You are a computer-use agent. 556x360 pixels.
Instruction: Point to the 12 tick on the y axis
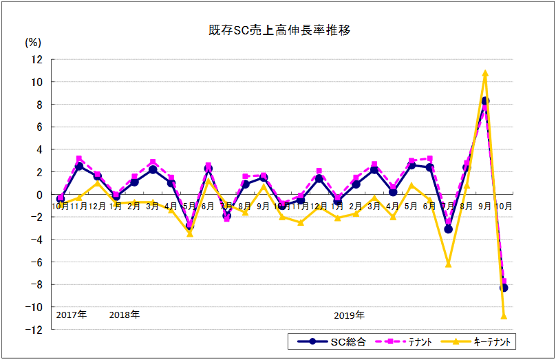(x=36, y=60)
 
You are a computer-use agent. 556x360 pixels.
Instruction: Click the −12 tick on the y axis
(x=34, y=330)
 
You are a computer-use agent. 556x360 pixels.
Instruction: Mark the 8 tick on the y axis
(x=39, y=105)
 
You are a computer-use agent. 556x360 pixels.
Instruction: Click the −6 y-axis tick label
(x=36, y=262)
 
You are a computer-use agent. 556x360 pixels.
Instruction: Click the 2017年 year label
(x=72, y=315)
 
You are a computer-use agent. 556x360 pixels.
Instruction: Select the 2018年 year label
(x=125, y=315)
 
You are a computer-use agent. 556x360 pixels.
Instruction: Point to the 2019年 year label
(x=350, y=315)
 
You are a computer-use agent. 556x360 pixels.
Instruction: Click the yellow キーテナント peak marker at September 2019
(x=485, y=73)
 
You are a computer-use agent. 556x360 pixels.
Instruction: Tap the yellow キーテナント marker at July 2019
(x=448, y=264)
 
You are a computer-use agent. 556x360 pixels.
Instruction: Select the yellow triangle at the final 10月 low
(x=504, y=316)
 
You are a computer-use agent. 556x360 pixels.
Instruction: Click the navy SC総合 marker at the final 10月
(x=504, y=288)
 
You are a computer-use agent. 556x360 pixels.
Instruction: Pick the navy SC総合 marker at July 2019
(x=448, y=229)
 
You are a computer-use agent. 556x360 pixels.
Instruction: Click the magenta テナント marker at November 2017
(x=79, y=159)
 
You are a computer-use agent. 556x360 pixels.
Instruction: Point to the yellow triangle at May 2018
(x=190, y=234)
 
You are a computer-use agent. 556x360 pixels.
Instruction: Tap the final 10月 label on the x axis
(x=504, y=205)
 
